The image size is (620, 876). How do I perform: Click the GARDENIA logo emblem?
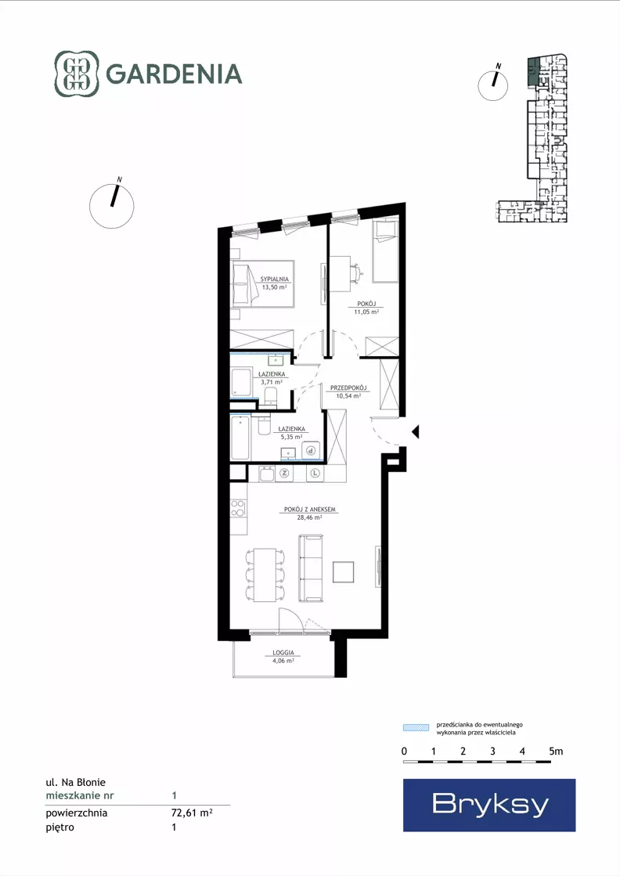(x=77, y=74)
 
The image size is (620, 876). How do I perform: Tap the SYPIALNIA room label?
(x=274, y=279)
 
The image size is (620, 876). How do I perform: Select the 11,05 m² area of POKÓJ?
(x=366, y=312)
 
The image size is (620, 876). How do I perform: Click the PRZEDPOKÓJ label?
(x=348, y=388)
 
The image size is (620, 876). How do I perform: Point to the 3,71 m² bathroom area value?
(x=272, y=382)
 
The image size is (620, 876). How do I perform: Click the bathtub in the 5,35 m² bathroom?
(x=241, y=437)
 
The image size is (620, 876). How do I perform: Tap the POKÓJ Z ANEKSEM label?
(x=309, y=510)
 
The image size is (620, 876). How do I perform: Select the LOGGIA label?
(x=283, y=653)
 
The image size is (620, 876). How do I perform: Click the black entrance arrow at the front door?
(x=415, y=432)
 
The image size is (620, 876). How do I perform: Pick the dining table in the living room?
(x=265, y=575)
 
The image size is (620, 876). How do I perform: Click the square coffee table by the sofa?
(x=344, y=571)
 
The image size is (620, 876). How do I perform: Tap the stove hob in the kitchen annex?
(x=238, y=508)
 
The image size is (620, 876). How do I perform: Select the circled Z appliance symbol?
(x=284, y=473)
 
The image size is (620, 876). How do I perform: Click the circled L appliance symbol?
(x=315, y=473)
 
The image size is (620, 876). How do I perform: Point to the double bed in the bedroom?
(x=262, y=284)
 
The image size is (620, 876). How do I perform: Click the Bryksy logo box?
(x=489, y=805)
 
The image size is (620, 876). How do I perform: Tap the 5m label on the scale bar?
(x=556, y=752)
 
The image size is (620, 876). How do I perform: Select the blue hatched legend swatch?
(x=416, y=727)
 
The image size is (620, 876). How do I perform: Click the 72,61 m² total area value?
(x=192, y=813)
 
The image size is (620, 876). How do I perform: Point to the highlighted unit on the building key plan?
(x=534, y=71)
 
